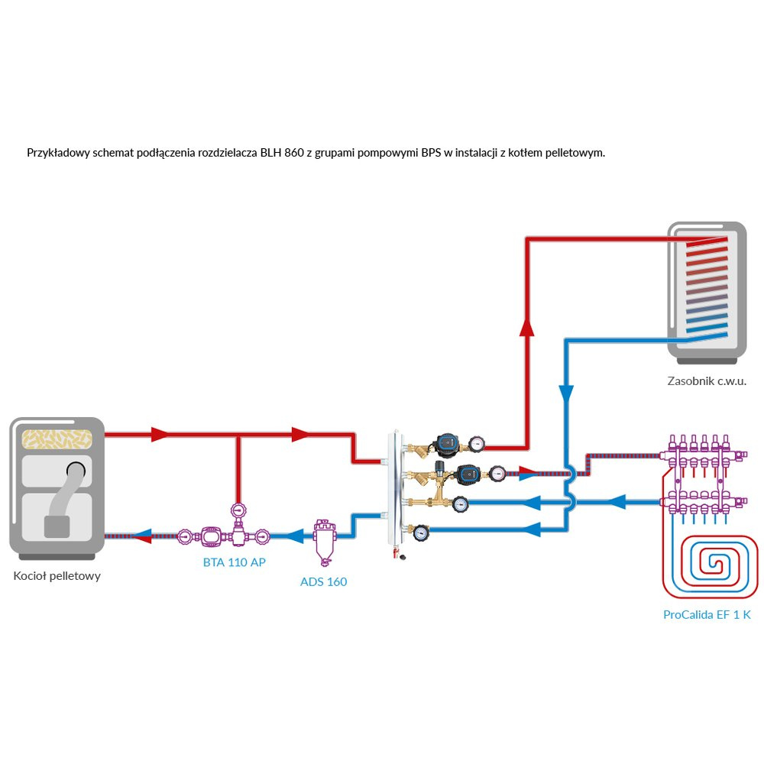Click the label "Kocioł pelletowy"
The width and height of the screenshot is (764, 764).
point(57,576)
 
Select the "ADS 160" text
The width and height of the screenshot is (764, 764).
point(323,582)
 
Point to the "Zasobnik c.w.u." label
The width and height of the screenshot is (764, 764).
point(706,380)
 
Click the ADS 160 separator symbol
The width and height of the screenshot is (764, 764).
point(324,542)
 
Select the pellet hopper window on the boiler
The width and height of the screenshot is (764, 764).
point(57,438)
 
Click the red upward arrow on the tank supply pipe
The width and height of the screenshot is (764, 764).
point(526,326)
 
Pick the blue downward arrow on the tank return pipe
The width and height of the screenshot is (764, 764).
point(566,394)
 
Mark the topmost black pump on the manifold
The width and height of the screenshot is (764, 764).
point(445,442)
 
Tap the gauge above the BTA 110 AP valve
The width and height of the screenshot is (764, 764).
point(237,510)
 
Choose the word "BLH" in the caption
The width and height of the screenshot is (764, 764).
point(272,153)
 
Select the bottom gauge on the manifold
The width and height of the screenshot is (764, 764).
point(419,533)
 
